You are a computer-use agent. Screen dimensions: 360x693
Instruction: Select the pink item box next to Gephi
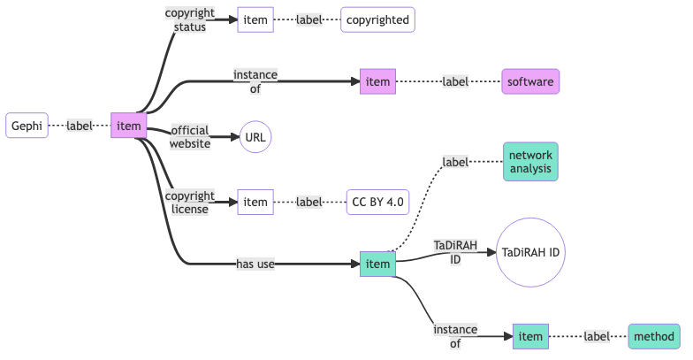click(128, 126)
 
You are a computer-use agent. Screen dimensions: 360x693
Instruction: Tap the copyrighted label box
click(377, 19)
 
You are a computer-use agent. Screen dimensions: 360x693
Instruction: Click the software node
click(530, 82)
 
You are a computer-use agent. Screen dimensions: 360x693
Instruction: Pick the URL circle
click(255, 137)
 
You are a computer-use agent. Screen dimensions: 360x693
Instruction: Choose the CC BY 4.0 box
click(377, 203)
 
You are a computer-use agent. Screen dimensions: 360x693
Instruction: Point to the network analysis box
click(530, 161)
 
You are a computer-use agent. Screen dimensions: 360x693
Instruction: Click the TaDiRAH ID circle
click(530, 252)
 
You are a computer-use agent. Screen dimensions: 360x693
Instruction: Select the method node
click(655, 336)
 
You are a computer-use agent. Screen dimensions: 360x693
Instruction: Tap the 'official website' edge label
click(190, 137)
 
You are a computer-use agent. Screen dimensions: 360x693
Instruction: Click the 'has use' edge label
click(255, 264)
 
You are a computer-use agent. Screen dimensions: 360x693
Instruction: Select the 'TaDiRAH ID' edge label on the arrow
click(455, 252)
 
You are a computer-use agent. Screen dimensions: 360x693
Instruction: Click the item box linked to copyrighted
click(255, 19)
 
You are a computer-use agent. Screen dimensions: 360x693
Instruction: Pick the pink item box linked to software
click(377, 82)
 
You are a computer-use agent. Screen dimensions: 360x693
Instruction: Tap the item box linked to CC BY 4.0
click(255, 203)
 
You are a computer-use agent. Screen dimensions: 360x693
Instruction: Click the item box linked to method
click(530, 336)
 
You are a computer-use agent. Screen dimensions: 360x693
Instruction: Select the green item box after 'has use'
click(377, 264)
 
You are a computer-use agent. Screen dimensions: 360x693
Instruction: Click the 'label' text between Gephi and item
click(80, 126)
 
